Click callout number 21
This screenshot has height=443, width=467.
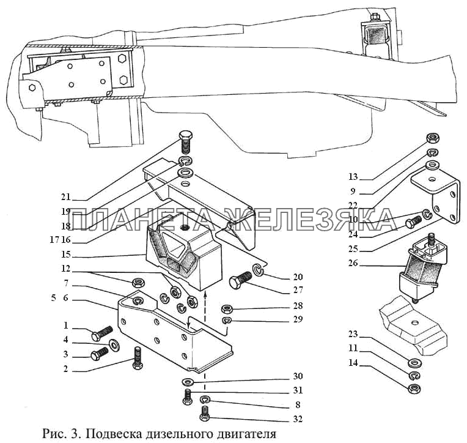tap(66, 197)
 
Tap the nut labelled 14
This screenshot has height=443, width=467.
tap(414, 388)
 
